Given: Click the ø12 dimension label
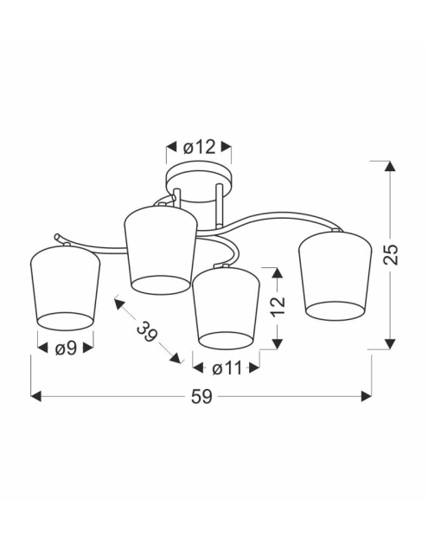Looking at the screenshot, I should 200,147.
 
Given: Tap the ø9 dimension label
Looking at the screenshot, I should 65,349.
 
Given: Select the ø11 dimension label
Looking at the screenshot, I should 225,368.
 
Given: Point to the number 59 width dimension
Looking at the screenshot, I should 201,396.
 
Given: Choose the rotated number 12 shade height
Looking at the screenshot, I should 277,308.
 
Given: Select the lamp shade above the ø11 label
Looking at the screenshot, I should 225,306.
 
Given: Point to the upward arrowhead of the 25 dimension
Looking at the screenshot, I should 391,167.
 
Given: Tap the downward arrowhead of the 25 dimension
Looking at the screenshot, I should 391,343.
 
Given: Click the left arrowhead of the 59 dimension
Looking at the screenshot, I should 36,396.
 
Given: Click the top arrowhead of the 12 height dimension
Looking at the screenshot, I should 277,273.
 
